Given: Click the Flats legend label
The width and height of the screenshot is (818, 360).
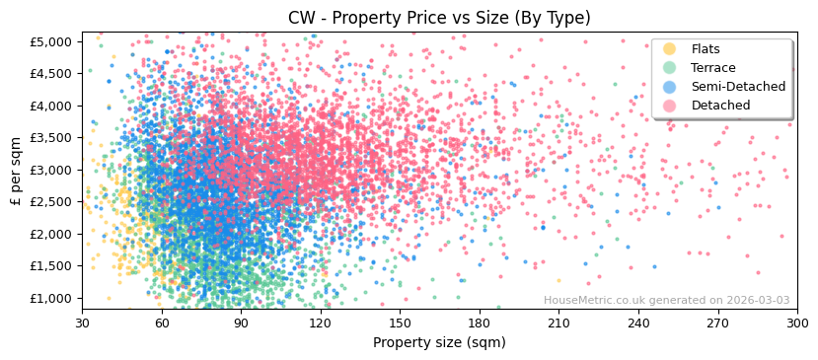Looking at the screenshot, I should (706, 49).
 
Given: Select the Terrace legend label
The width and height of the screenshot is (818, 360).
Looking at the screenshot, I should (713, 68).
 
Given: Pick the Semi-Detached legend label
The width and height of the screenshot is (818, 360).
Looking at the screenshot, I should (739, 87).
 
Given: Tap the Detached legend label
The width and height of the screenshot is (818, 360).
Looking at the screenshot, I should (720, 106).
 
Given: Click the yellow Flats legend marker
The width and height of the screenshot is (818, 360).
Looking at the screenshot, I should (670, 49).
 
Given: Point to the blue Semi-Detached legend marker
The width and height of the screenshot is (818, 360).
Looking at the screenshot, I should (670, 87).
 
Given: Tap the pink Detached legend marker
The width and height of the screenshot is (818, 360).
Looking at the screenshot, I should (670, 106).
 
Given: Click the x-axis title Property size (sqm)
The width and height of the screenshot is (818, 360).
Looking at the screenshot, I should (439, 343).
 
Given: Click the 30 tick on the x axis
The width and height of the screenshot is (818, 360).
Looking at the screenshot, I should (83, 323).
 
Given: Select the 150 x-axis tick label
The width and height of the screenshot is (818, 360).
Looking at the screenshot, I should (400, 323).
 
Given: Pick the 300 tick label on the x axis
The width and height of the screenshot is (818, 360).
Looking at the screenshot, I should (797, 323).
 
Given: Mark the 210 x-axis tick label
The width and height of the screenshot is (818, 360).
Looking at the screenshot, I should (558, 323).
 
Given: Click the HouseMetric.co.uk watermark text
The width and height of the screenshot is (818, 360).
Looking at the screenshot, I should (666, 301).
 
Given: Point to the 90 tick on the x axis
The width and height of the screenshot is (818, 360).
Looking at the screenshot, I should (241, 323).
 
